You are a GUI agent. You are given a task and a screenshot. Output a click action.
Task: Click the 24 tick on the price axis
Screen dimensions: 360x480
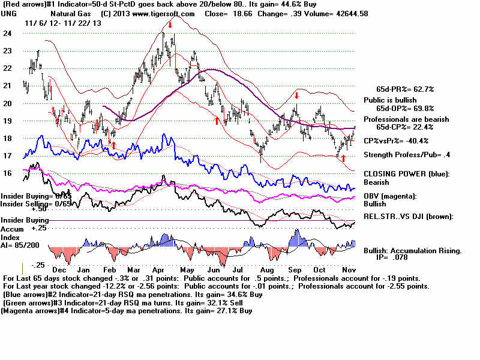click(x=7, y=34)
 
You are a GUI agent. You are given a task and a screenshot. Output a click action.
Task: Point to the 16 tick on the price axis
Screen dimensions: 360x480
click(x=7, y=173)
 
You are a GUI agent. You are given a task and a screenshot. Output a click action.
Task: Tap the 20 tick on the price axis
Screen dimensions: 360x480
click(x=7, y=103)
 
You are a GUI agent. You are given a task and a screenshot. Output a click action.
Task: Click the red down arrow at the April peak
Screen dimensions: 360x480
click(x=170, y=25)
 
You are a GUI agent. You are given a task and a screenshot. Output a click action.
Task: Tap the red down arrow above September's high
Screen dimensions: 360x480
click(x=297, y=95)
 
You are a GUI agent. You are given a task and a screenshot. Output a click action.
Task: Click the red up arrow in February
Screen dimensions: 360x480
click(x=113, y=145)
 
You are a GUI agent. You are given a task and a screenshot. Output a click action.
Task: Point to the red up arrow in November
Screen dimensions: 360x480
click(x=343, y=158)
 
